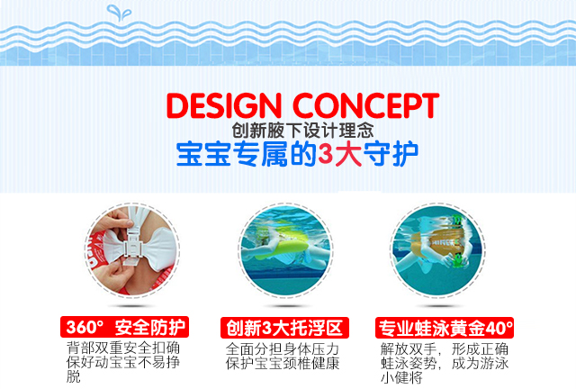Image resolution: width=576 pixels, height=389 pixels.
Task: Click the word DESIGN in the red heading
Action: pos(224,105)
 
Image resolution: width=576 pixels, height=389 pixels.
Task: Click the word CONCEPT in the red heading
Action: pos(366,105)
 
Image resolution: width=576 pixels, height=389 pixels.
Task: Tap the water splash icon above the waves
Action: pos(119,13)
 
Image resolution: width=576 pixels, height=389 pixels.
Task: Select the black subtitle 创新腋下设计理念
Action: pos(302,131)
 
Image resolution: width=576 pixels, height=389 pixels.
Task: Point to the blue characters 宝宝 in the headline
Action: pos(203,154)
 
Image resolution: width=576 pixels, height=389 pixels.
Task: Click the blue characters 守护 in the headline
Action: pos(391,154)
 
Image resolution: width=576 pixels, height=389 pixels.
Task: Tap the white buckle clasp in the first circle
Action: pos(131,244)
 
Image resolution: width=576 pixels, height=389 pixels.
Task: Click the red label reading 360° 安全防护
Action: pos(124,327)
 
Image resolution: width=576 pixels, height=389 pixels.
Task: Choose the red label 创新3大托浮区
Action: pos(284,328)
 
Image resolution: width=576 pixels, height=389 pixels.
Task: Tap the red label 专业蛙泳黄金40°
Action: pos(445,328)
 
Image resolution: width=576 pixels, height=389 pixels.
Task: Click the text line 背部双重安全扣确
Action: pos(123,348)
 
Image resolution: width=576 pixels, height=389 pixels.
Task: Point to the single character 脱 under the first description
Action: pos(74,376)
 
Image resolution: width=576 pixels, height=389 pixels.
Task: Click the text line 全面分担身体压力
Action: pos(282,348)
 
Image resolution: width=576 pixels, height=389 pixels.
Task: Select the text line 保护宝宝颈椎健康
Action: pos(282,363)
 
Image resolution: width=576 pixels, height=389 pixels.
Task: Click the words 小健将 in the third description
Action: pos(401,377)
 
